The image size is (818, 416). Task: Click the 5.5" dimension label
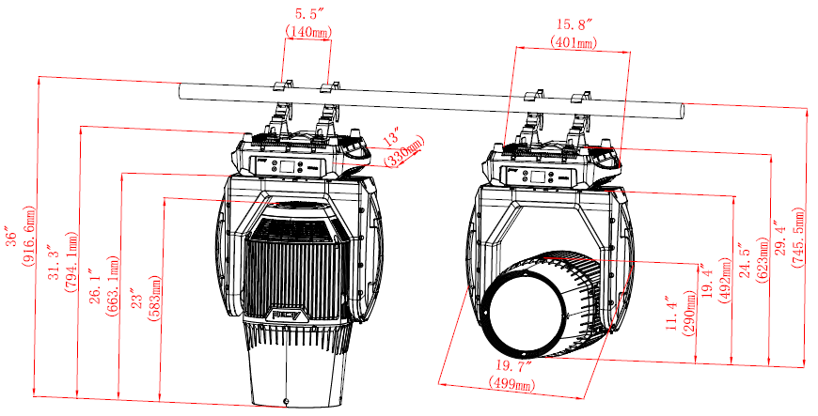pyautogui.click(x=307, y=15)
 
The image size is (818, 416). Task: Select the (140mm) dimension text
pyautogui.click(x=308, y=31)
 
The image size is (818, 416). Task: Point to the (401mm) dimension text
pyautogui.click(x=574, y=42)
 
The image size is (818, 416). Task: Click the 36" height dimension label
pyautogui.click(x=12, y=237)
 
